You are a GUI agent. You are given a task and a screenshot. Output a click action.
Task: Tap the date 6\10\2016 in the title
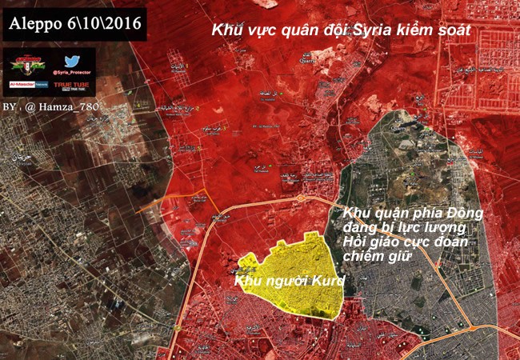coord(102,26)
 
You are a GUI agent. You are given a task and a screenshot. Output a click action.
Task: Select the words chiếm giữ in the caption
coord(376,256)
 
